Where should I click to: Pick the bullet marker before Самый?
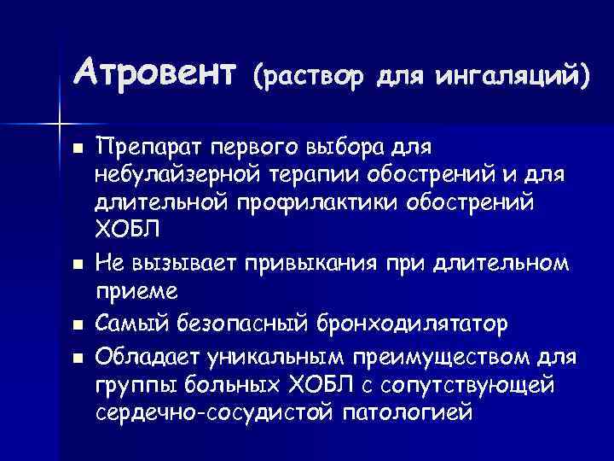click(x=78, y=325)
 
